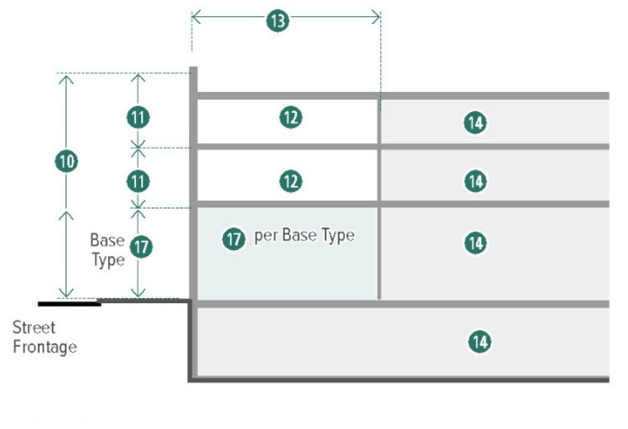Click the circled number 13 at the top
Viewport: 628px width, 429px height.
click(277, 21)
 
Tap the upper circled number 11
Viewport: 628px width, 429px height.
click(137, 118)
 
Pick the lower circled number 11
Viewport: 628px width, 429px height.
click(137, 181)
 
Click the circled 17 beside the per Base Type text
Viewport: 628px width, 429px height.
click(233, 239)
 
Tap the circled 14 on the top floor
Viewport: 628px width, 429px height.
click(475, 122)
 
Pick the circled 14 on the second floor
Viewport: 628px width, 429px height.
click(475, 181)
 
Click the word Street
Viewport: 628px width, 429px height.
click(34, 328)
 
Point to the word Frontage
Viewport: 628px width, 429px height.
click(45, 347)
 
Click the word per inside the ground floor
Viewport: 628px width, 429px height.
click(265, 236)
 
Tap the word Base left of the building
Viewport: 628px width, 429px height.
click(107, 240)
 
